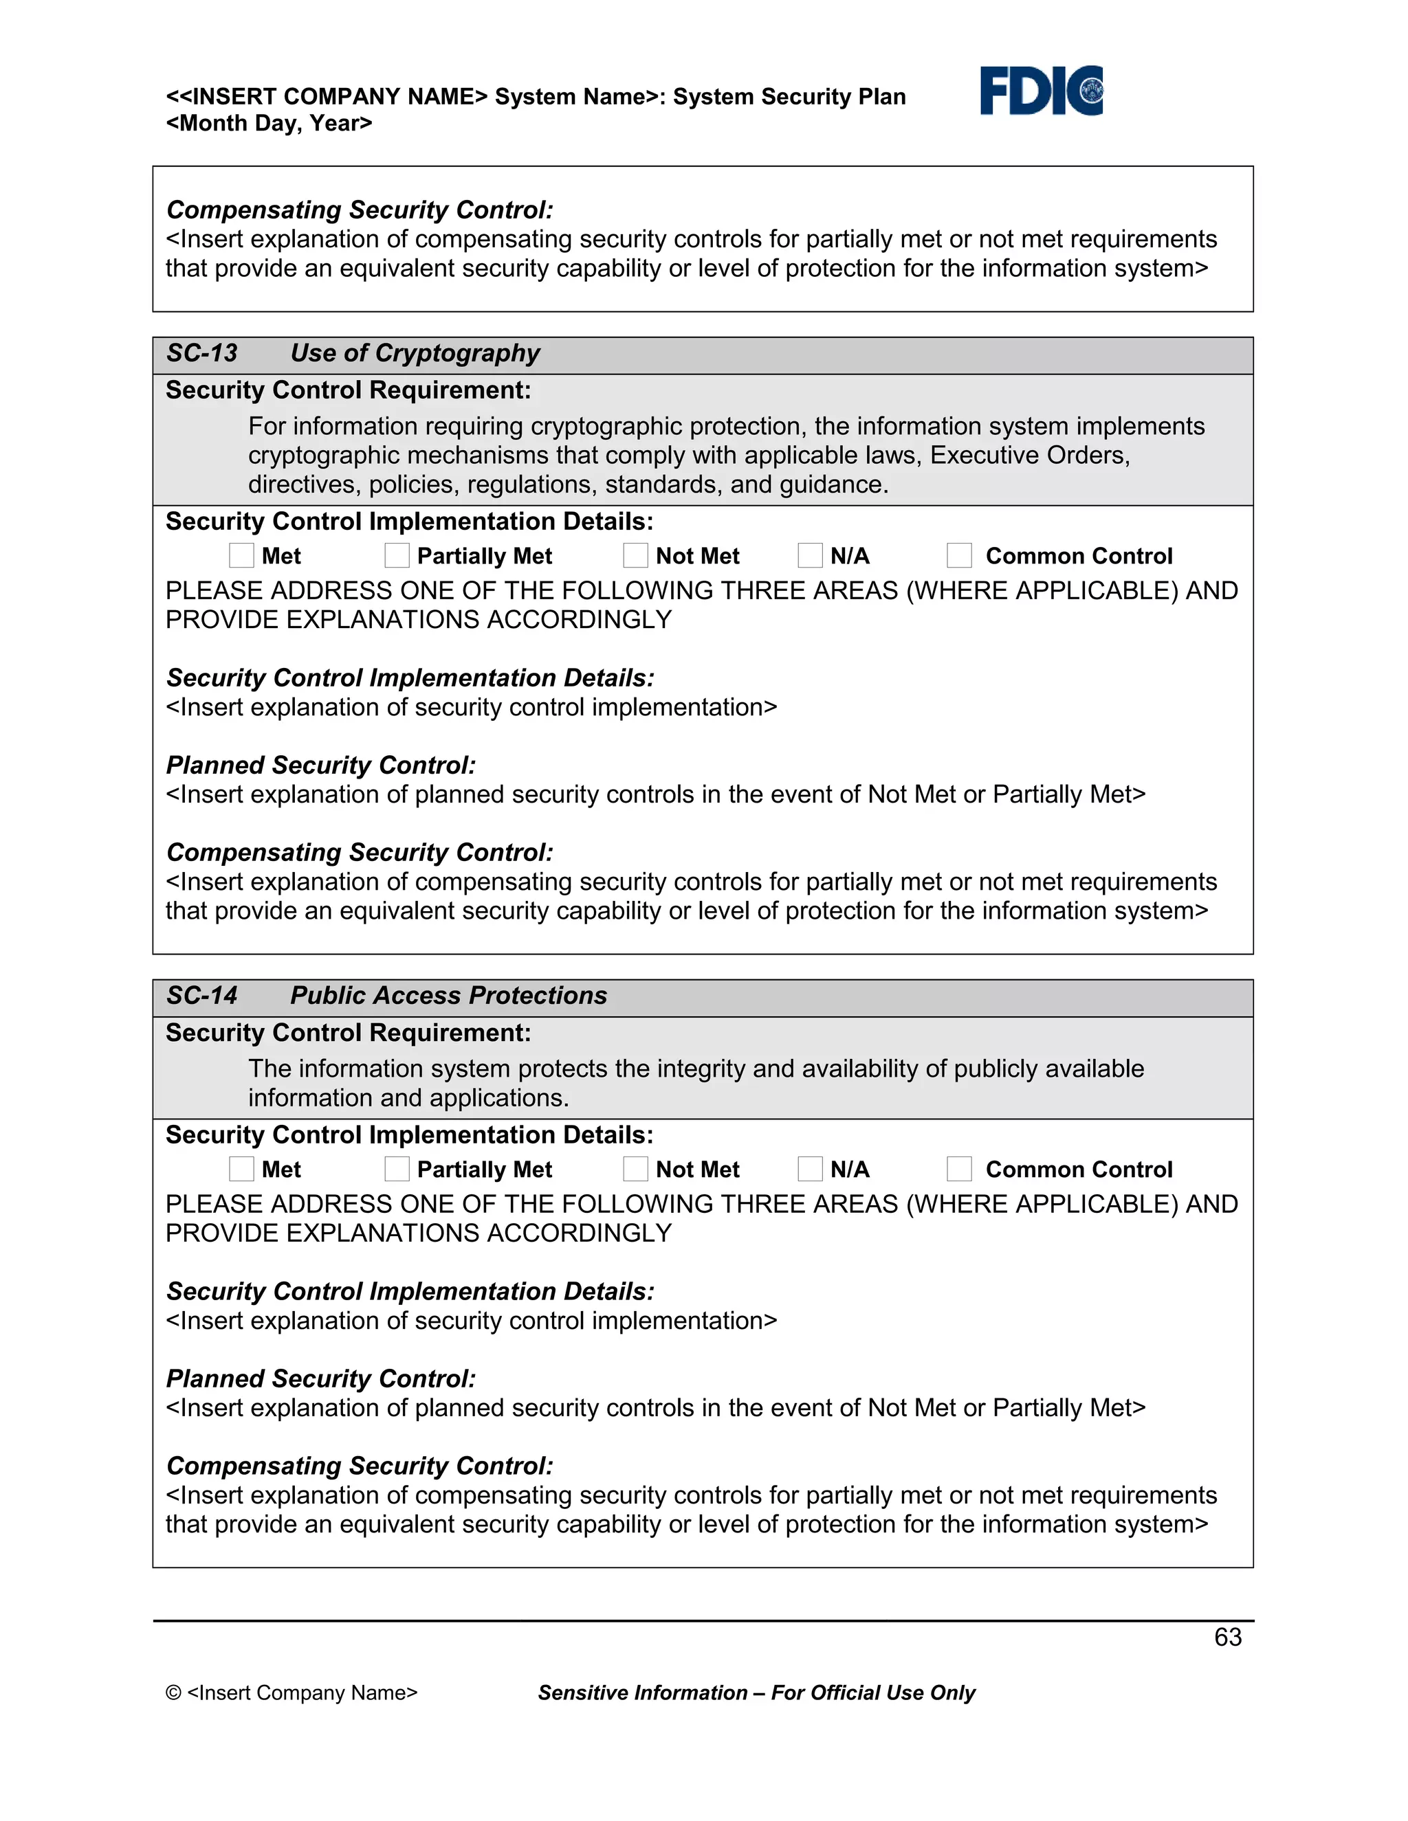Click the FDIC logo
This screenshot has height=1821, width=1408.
[1041, 90]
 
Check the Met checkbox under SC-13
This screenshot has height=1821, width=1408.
[241, 555]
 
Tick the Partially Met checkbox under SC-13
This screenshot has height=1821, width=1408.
[397, 555]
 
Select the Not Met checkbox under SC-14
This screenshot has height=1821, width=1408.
[636, 1169]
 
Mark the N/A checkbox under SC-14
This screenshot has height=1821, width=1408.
[810, 1169]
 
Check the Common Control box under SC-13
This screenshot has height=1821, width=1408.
[959, 555]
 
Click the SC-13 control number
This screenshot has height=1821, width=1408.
[202, 353]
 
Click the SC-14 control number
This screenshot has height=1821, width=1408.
[202, 996]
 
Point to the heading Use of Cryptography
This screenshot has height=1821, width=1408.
[415, 353]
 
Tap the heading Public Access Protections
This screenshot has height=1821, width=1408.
[448, 996]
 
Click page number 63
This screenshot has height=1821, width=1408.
[1227, 1637]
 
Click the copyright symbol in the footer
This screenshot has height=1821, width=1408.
[173, 1692]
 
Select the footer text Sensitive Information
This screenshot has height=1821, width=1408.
[642, 1692]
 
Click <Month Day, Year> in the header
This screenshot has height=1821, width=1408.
[269, 124]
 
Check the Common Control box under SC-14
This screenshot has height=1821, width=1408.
[959, 1169]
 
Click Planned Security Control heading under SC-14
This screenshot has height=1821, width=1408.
[321, 1378]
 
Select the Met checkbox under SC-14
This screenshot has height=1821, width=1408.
[241, 1169]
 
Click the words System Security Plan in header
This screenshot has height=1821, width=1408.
[789, 97]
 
